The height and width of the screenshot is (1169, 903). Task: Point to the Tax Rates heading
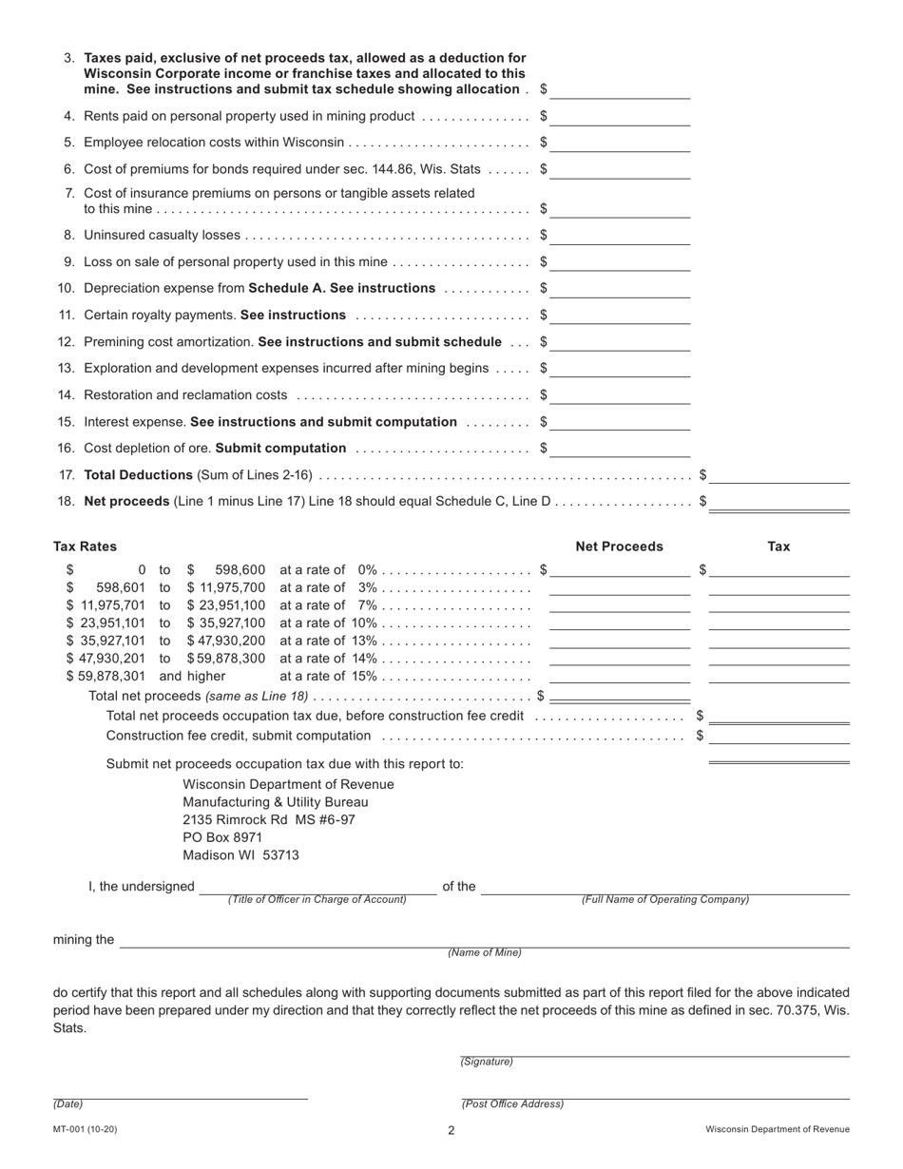(86, 546)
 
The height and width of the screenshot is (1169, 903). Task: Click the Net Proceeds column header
(619, 546)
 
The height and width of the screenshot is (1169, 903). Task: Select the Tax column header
(778, 546)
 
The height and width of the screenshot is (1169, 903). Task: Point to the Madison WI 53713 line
(240, 854)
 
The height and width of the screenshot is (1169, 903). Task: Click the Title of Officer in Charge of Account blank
(317, 887)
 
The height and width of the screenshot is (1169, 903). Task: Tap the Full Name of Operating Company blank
(664, 887)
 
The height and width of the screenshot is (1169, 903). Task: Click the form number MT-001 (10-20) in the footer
(86, 1130)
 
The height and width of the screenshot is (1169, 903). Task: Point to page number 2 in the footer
(451, 1131)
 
